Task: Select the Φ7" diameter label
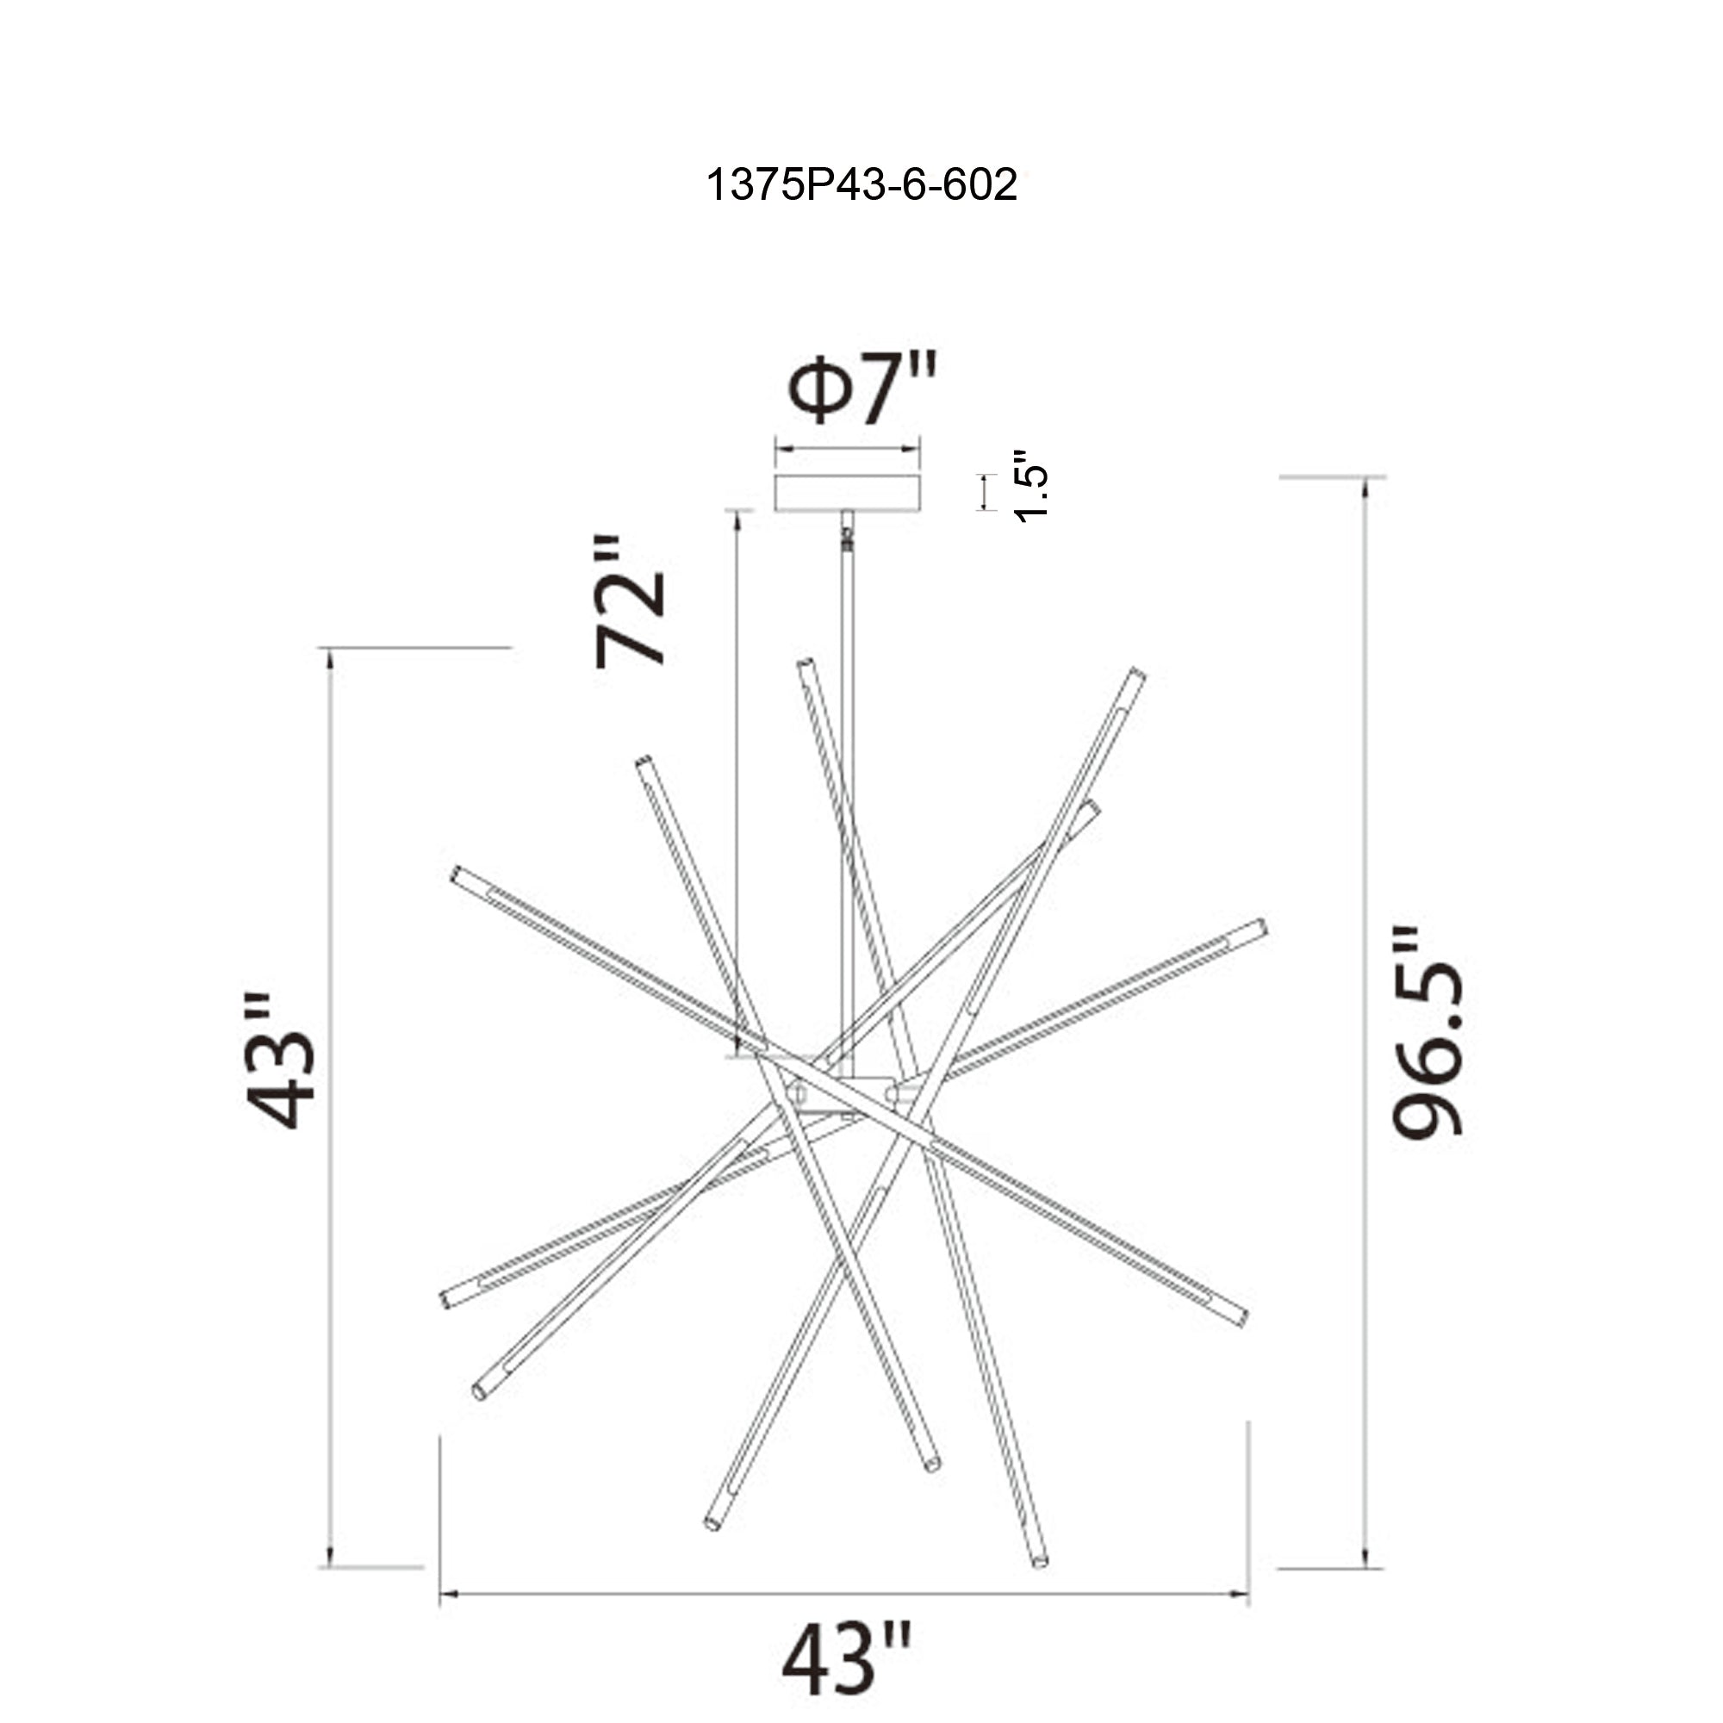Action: pos(861,389)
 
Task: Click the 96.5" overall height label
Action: pos(1427,1033)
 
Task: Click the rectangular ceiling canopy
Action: pos(847,492)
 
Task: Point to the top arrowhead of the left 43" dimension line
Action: pos(330,656)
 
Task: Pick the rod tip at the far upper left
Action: pos(457,872)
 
